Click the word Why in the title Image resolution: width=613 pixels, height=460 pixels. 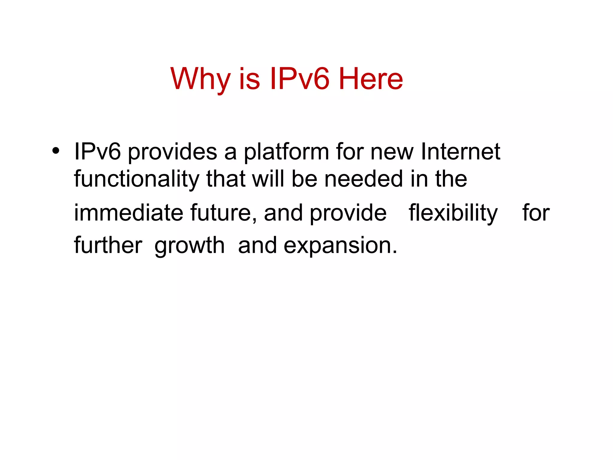point(200,79)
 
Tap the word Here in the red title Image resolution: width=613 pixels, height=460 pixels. point(371,79)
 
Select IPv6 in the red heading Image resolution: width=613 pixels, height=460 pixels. point(299,79)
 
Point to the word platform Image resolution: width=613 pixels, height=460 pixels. point(286,152)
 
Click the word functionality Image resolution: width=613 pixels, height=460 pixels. point(136,179)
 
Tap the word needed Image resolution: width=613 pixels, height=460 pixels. point(364,179)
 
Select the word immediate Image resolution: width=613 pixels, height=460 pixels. point(128,213)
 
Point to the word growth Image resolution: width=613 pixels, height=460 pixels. point(189,246)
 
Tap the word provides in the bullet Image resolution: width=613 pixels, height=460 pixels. point(172,152)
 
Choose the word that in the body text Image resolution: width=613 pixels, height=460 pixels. point(226,179)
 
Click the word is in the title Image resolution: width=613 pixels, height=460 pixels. point(249,79)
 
